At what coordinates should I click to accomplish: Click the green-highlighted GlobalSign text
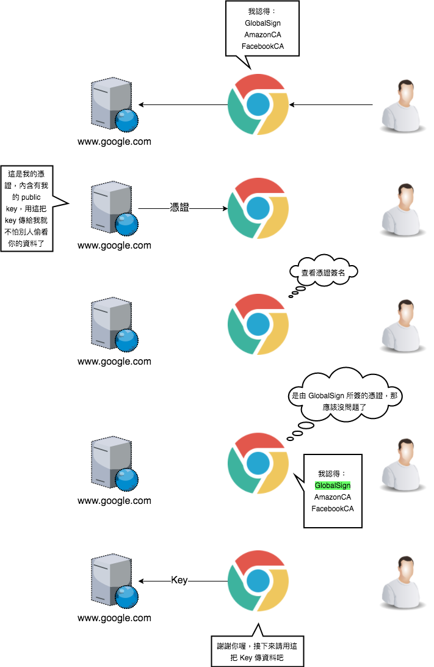coord(333,486)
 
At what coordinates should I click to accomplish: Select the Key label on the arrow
coord(179,580)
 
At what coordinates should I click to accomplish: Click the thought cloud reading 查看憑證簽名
coord(323,273)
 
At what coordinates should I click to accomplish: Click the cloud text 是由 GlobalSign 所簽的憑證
coord(344,396)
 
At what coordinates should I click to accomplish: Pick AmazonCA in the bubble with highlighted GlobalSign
coord(333,497)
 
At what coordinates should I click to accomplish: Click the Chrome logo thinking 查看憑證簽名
coord(258,324)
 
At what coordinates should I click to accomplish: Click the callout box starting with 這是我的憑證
coord(27,209)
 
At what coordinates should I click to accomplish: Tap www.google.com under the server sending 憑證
coord(114,246)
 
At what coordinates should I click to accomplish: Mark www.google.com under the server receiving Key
coord(114,618)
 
